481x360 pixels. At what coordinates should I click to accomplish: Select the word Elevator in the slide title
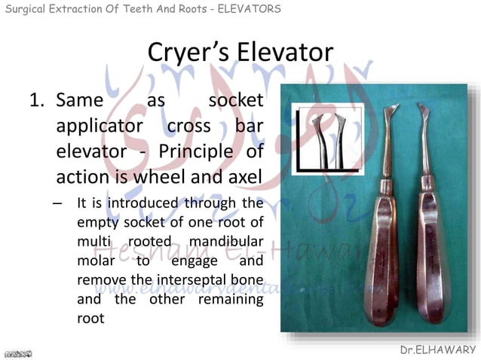(x=284, y=53)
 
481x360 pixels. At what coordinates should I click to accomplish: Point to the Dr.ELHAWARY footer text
(x=438, y=350)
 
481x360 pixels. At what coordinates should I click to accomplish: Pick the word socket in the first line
(x=235, y=100)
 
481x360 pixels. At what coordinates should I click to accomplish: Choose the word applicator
(x=97, y=126)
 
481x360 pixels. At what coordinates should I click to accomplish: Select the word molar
(x=94, y=261)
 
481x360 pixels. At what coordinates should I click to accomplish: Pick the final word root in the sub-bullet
(x=91, y=318)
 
